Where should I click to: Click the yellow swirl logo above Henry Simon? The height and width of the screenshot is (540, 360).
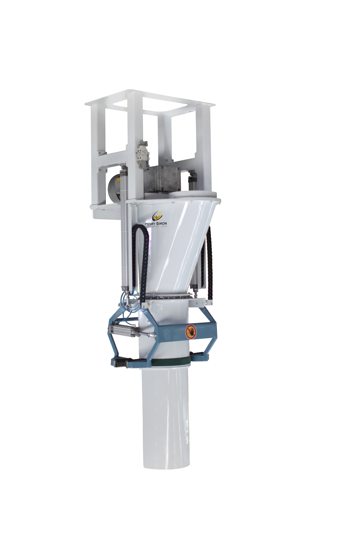pos(157,216)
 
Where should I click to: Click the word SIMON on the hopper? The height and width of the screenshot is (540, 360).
pos(161,224)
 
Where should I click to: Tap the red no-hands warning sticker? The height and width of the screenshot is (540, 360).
pos(191,332)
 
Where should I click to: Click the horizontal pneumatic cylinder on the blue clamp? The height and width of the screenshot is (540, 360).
pos(123,330)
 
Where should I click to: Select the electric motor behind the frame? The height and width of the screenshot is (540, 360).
pos(114,189)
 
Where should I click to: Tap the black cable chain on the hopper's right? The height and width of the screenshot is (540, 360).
pos(209,263)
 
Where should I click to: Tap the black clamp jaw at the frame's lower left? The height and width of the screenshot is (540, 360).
pos(120,363)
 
